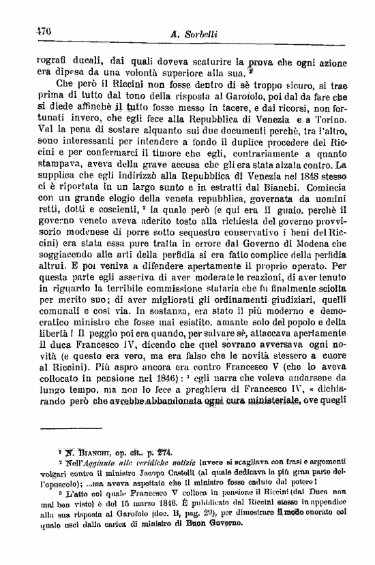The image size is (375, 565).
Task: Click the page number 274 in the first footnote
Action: (x=165, y=451)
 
